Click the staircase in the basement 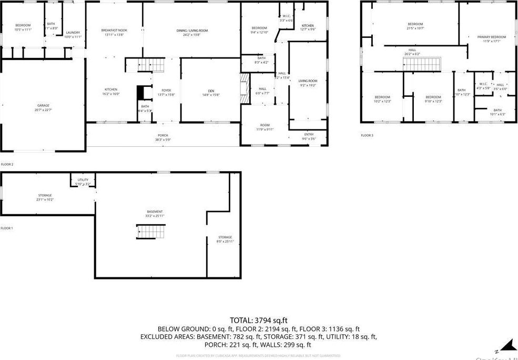click(x=151, y=232)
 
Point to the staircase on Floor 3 click(x=420, y=64)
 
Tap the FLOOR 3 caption click(x=367, y=135)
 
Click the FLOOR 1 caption click(x=6, y=228)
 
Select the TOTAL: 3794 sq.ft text click(x=258, y=320)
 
